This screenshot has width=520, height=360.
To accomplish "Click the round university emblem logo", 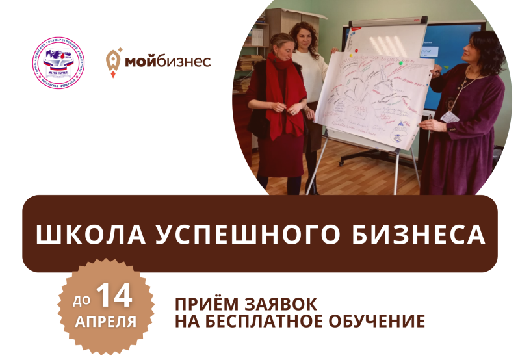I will point(58,64).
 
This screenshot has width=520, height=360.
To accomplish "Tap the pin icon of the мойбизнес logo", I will point(112,62).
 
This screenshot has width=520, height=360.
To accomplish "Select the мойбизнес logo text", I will point(167,62).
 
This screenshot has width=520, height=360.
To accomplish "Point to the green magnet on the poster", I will point(400,64).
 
